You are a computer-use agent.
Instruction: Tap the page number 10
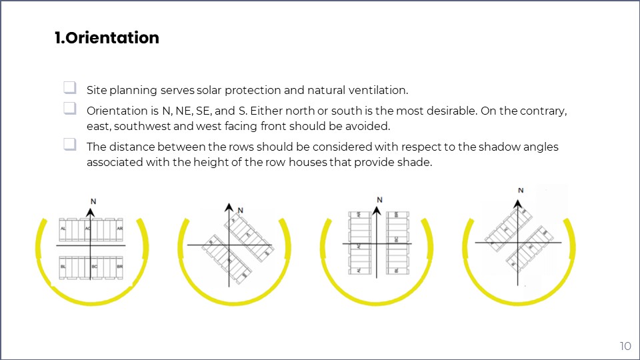625,346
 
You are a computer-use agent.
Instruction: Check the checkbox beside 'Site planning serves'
69,88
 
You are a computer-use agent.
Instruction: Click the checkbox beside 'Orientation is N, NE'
69,108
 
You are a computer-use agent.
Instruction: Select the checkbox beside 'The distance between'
69,144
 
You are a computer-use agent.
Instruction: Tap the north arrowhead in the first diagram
91,209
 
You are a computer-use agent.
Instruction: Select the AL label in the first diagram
63,229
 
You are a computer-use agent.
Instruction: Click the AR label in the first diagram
119,229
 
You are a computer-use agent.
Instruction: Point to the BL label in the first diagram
63,267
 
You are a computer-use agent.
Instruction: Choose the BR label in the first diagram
119,267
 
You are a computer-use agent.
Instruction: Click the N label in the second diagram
241,210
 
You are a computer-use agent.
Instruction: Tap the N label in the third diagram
379,199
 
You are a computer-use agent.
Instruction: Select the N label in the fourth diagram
521,191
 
